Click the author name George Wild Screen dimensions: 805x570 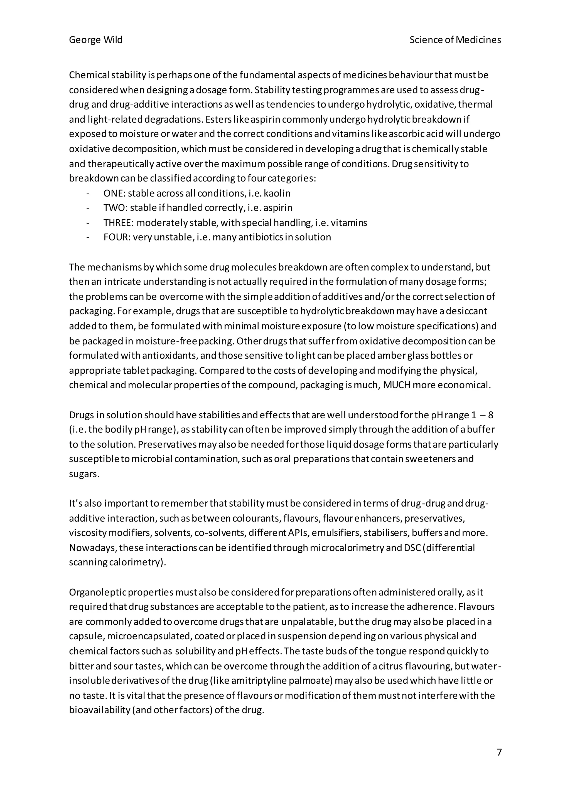95,40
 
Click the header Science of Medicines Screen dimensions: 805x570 455,40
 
